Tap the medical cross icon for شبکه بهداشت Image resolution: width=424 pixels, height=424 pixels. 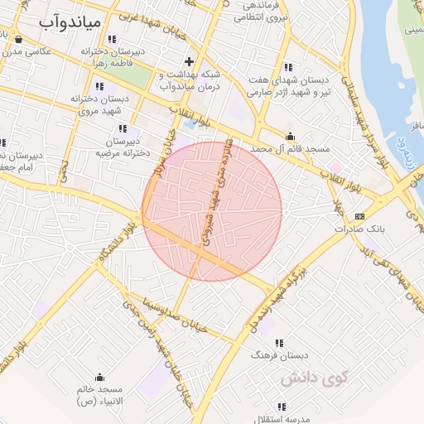point(190,60)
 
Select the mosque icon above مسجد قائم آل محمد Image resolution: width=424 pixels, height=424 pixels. point(289,136)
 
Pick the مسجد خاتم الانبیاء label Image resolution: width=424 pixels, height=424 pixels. point(100,394)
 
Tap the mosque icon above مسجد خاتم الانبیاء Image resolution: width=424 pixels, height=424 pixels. point(100,377)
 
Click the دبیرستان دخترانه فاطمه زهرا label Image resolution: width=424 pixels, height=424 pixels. point(113,57)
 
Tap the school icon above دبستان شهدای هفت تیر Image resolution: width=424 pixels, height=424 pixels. point(287,67)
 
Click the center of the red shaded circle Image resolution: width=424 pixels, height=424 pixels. point(212,211)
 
